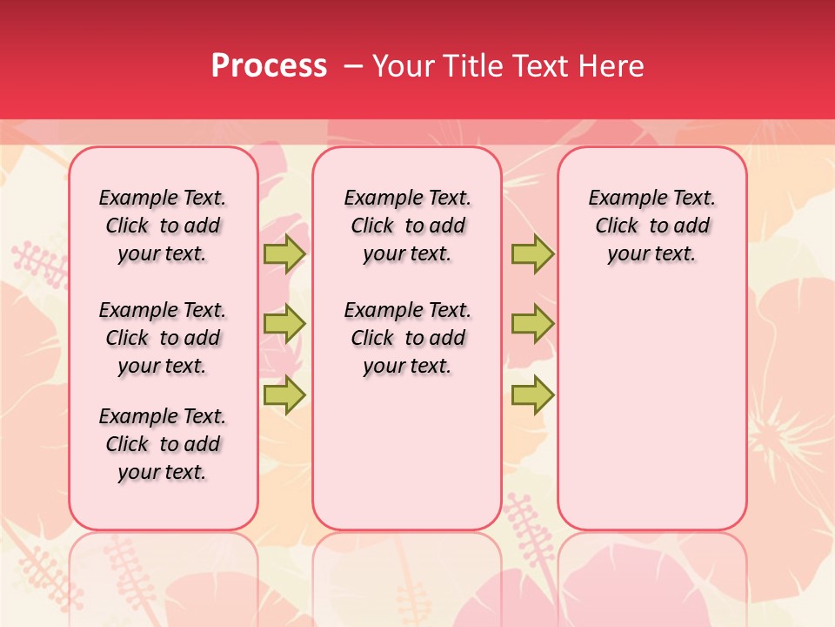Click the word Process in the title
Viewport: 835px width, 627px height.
click(x=269, y=66)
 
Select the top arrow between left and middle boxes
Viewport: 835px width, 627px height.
click(x=284, y=254)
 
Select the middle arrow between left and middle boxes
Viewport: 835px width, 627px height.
click(x=284, y=324)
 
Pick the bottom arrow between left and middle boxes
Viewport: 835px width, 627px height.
click(x=284, y=394)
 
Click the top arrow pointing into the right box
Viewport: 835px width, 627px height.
click(x=532, y=254)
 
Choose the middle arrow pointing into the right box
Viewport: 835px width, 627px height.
click(x=532, y=324)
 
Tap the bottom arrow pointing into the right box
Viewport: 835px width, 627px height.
click(x=532, y=394)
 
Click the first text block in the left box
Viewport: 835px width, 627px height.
click(x=163, y=226)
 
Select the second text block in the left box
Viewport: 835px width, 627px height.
click(x=163, y=338)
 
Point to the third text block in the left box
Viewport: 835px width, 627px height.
click(x=163, y=444)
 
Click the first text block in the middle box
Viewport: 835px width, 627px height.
click(x=407, y=226)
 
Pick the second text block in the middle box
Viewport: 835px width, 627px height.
click(x=407, y=338)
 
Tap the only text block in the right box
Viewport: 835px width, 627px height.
click(x=651, y=226)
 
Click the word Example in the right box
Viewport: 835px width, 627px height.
click(x=623, y=199)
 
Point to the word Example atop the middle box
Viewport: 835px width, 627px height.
click(x=378, y=199)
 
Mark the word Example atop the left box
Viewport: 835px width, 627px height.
click(x=133, y=199)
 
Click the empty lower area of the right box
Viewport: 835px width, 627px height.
click(x=651, y=409)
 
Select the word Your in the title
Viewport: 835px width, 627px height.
click(x=403, y=66)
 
